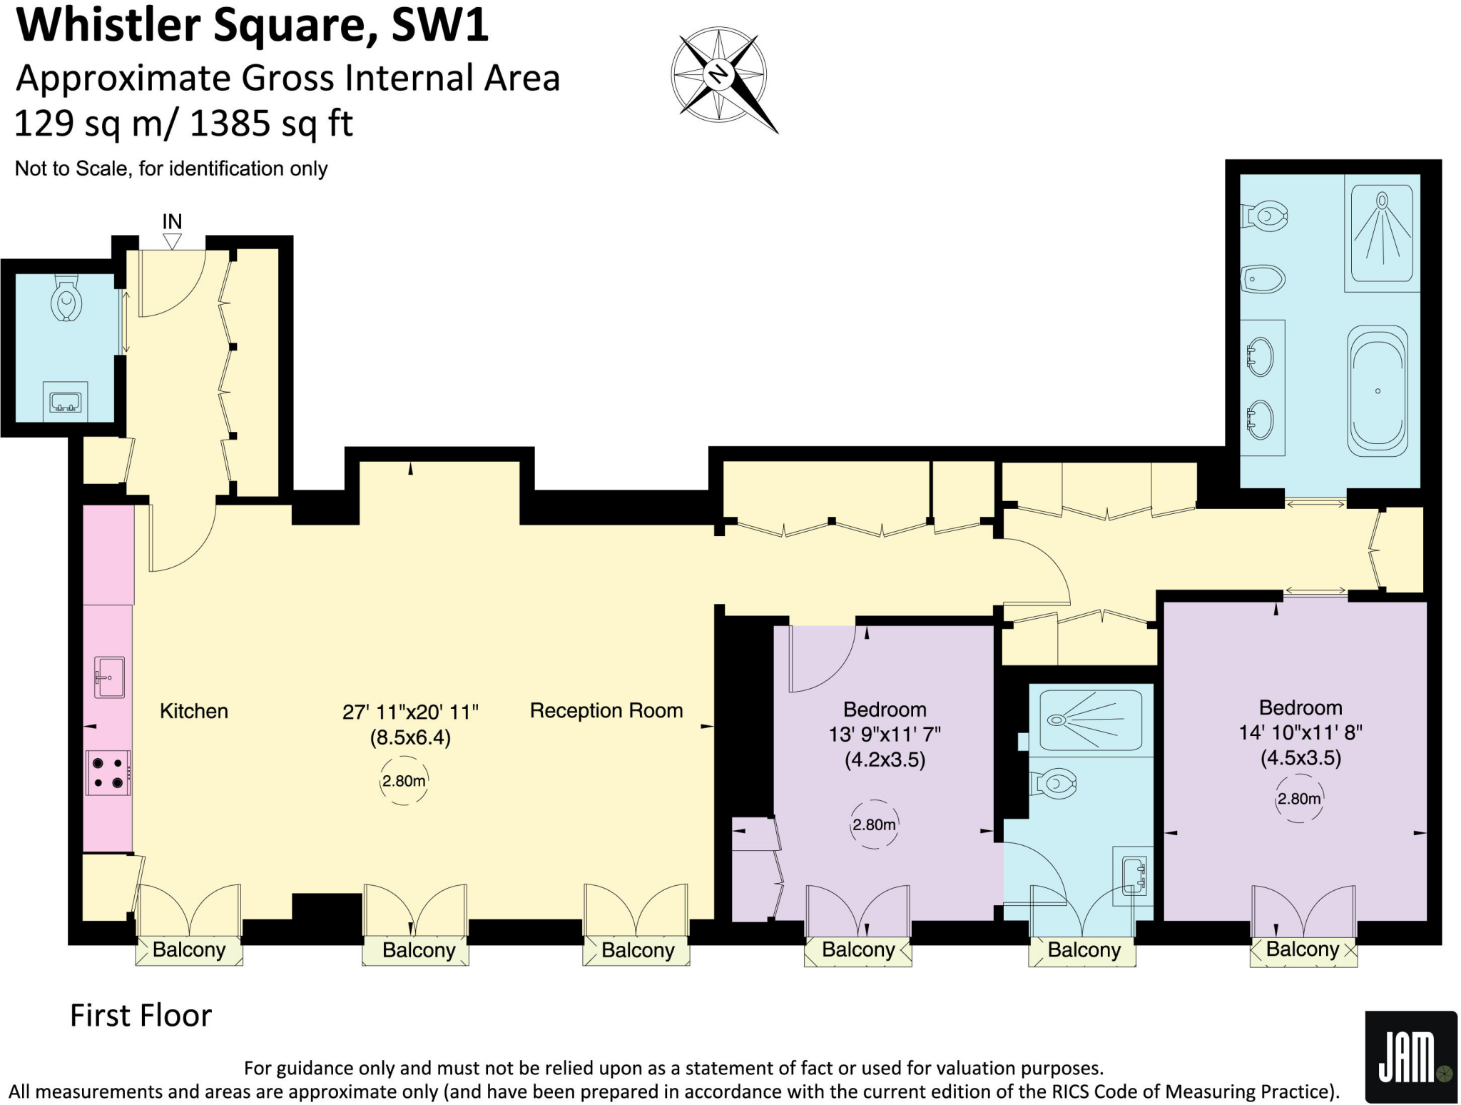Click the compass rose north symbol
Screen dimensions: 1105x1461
[x=718, y=74]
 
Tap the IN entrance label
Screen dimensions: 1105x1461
[x=172, y=222]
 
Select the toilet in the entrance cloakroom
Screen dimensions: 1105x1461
[x=66, y=301]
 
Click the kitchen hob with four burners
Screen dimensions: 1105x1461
[x=108, y=772]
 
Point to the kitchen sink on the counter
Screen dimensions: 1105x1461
[x=109, y=677]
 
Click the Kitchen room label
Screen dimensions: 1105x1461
[x=193, y=711]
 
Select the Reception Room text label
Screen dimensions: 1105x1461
[x=606, y=710]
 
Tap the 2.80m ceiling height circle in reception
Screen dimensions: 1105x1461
[x=403, y=781]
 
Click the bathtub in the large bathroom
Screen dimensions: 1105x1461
[x=1378, y=391]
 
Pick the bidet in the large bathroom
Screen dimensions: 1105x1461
[x=1263, y=279]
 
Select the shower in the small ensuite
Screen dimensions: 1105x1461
[x=1090, y=720]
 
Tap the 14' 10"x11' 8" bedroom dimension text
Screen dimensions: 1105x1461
[x=1300, y=732]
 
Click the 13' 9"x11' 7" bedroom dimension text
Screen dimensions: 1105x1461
[x=885, y=734]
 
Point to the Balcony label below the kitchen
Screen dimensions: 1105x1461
[x=189, y=950]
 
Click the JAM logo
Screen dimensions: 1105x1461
[x=1410, y=1057]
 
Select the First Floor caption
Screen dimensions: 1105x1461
[x=141, y=1015]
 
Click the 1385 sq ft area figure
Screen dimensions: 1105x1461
[x=271, y=123]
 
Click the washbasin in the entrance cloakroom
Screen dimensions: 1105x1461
[x=66, y=403]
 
